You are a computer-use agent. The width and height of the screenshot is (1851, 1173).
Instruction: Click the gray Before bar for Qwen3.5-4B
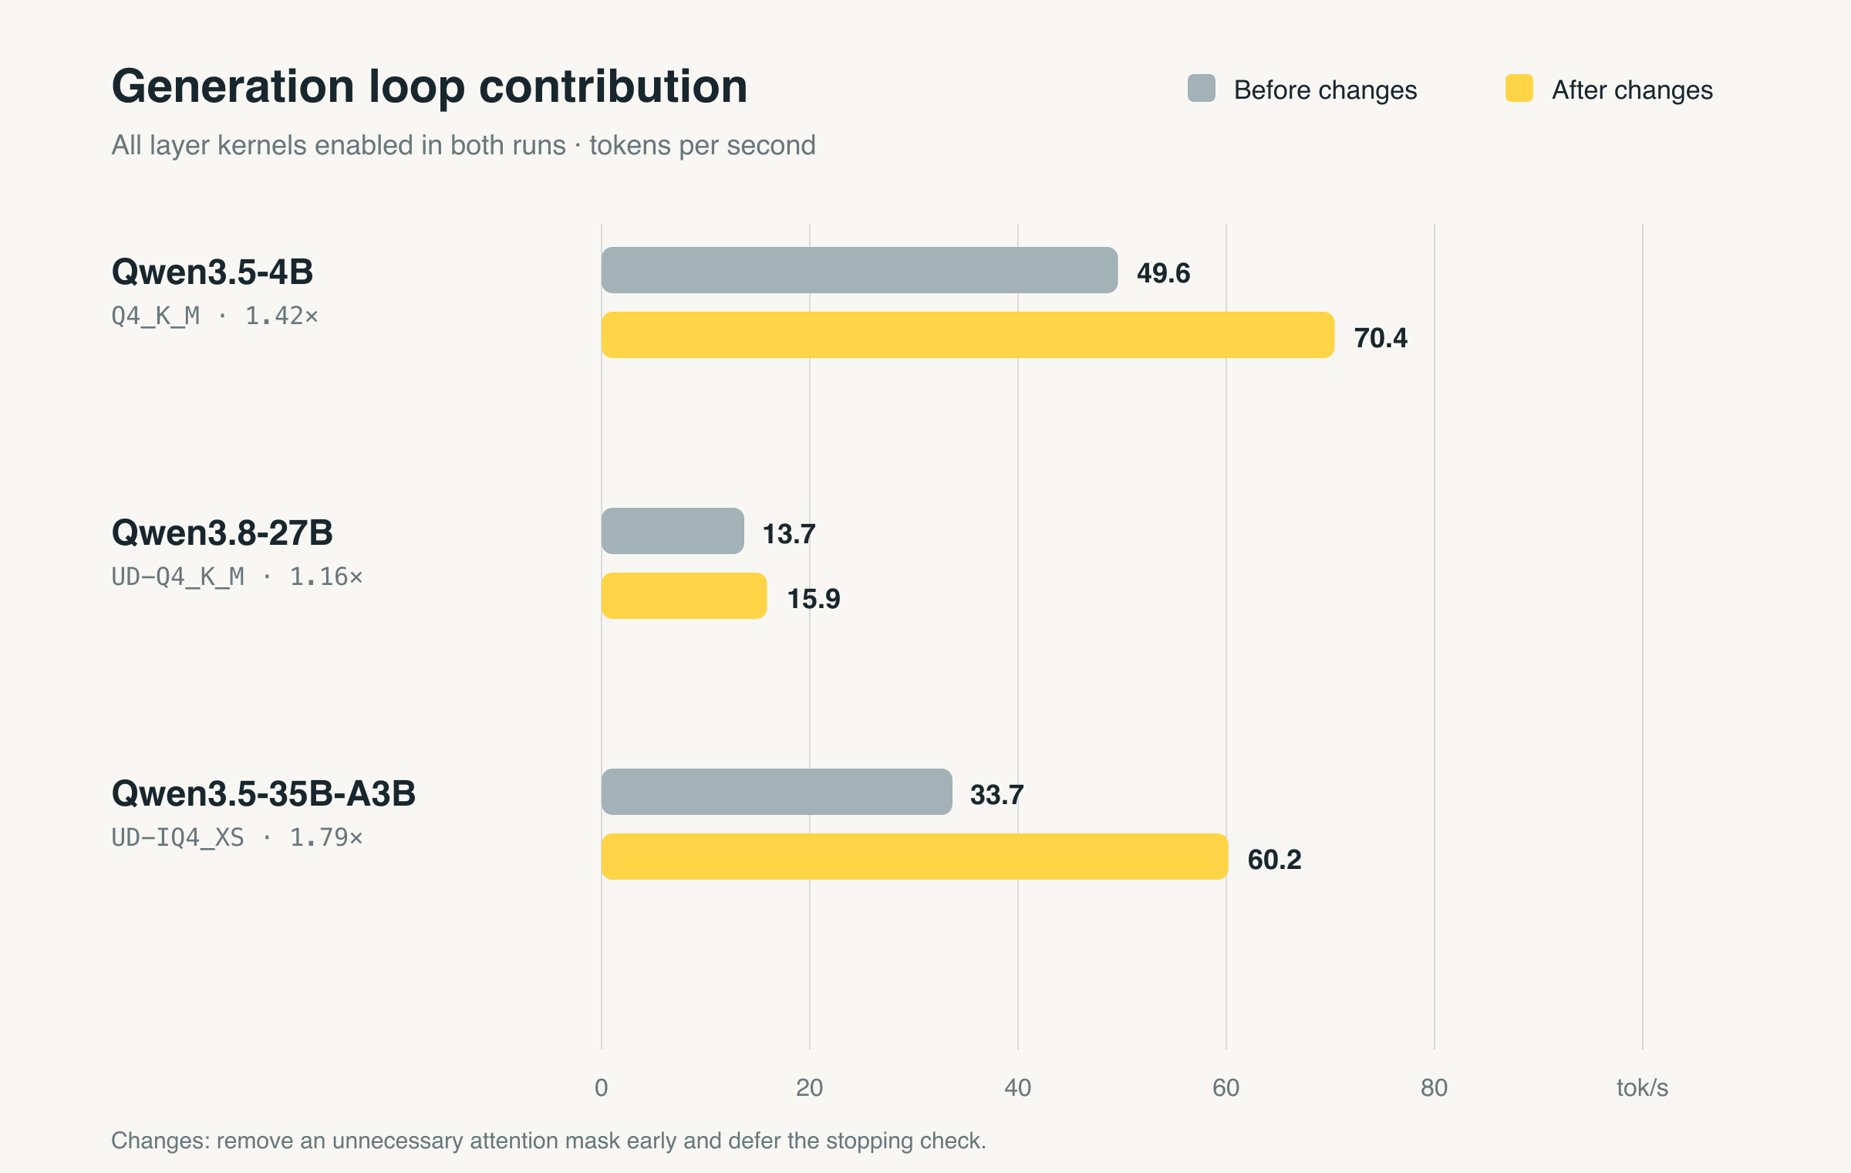tap(859, 270)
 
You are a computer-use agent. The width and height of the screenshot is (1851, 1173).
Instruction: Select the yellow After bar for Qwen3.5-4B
tap(968, 335)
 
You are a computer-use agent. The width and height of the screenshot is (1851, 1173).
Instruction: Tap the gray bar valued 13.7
tap(673, 531)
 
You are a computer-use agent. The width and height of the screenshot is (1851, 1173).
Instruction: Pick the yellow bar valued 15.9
tap(684, 596)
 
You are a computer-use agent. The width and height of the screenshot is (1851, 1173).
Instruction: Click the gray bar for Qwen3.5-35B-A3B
tap(777, 792)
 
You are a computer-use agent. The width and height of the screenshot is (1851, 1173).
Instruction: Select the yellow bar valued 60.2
tap(915, 857)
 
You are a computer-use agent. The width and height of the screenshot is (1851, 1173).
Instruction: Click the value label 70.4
tap(1381, 338)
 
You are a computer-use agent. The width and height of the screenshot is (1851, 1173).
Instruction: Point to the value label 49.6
tap(1163, 273)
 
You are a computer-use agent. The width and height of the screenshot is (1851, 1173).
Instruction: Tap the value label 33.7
tap(996, 795)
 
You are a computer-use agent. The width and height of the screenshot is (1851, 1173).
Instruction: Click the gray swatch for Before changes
tap(1202, 88)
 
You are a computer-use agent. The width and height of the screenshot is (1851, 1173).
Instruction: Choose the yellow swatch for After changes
tap(1519, 88)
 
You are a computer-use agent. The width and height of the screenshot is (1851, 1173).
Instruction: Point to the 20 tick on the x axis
tap(810, 1088)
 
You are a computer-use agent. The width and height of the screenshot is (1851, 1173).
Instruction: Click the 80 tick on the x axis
tap(1435, 1088)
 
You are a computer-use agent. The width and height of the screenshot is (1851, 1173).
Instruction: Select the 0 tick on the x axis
tap(602, 1088)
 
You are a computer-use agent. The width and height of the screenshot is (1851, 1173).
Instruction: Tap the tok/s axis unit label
tap(1642, 1088)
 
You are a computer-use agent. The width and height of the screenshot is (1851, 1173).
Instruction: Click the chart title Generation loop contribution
tap(430, 86)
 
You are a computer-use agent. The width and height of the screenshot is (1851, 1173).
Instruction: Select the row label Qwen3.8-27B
tap(222, 532)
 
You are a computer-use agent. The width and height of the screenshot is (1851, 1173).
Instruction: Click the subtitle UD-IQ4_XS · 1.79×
tap(237, 837)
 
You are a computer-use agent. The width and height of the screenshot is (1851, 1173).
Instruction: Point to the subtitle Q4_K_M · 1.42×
tap(214, 316)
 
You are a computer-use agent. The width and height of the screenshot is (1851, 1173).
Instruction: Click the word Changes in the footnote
tap(160, 1141)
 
